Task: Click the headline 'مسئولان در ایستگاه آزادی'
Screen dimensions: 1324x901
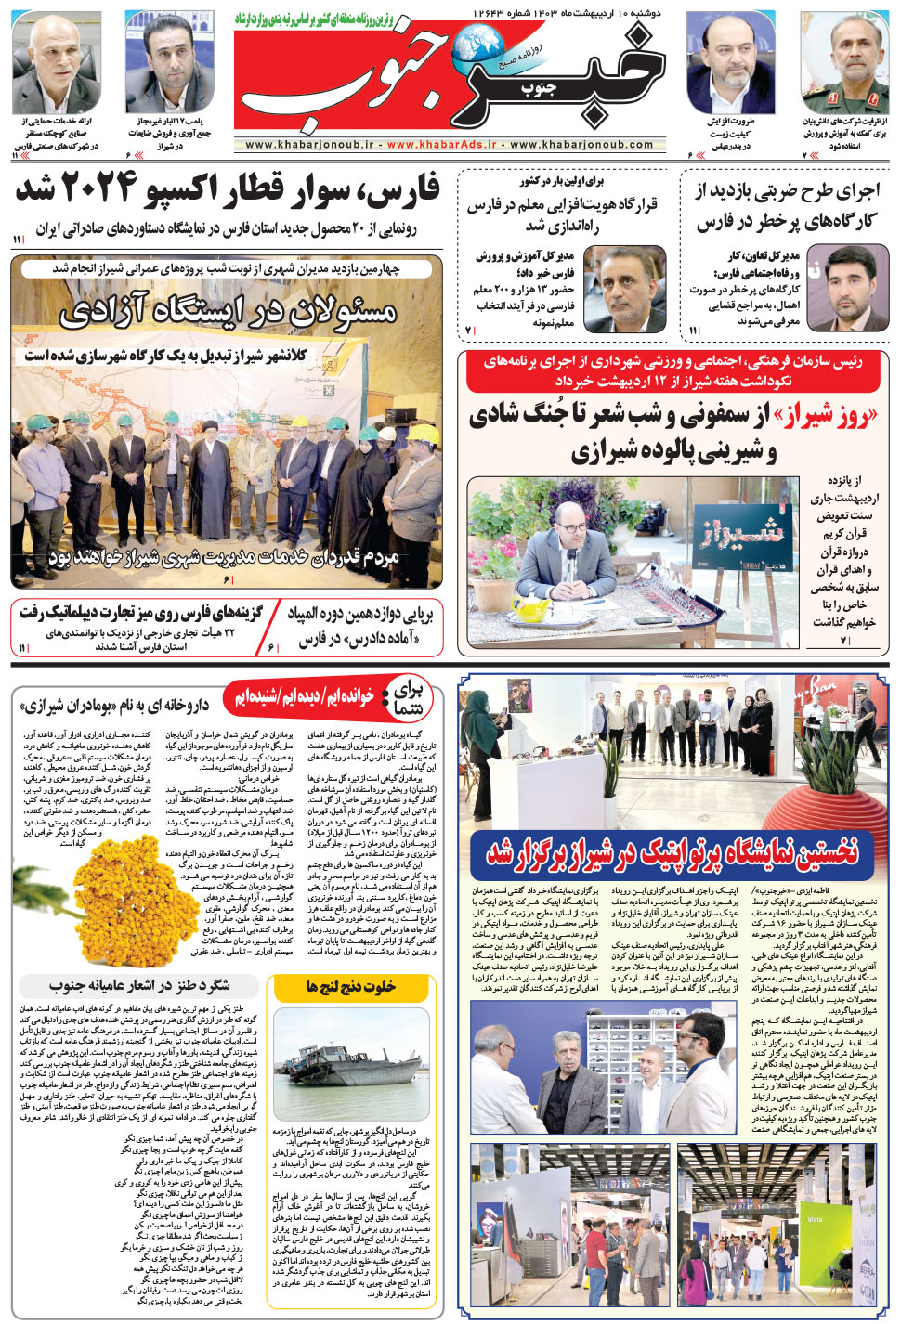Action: tap(228, 311)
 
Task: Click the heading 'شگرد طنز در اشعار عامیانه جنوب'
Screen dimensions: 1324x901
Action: tap(139, 985)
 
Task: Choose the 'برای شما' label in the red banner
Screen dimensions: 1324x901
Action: tap(410, 696)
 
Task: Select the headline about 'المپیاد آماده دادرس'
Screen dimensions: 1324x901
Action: tap(359, 626)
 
